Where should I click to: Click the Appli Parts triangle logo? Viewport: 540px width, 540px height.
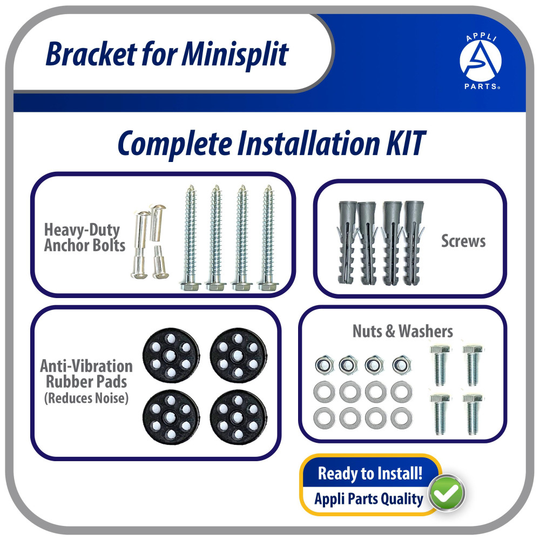pyautogui.click(x=481, y=62)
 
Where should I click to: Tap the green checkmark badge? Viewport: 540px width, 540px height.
pyautogui.click(x=447, y=493)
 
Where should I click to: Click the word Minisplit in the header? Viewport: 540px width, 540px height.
pyautogui.click(x=234, y=54)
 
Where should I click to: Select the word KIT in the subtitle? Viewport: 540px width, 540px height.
pyautogui.click(x=406, y=143)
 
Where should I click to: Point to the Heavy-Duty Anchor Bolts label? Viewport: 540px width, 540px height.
pyautogui.click(x=85, y=238)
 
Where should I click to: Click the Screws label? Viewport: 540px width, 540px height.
pyautogui.click(x=463, y=241)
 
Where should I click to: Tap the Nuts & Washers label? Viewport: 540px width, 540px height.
pyautogui.click(x=403, y=331)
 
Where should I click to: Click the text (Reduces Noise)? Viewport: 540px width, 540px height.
pyautogui.click(x=86, y=398)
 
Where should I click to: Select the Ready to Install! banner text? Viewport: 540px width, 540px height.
pyautogui.click(x=370, y=473)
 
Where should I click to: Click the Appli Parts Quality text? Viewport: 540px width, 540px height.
pyautogui.click(x=369, y=499)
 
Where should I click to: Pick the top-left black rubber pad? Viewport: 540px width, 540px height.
pyautogui.click(x=171, y=355)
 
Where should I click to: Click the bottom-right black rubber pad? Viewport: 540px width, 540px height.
pyautogui.click(x=238, y=417)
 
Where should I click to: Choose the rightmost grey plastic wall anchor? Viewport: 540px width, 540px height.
pyautogui.click(x=413, y=243)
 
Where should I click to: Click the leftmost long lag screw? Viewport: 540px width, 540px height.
pyautogui.click(x=191, y=238)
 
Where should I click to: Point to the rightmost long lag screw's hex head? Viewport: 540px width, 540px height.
pyautogui.click(x=268, y=286)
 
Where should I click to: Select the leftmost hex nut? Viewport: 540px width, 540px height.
pyautogui.click(x=325, y=365)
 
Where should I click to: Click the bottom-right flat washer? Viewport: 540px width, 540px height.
pyautogui.click(x=401, y=418)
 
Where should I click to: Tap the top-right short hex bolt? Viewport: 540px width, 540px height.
pyautogui.click(x=472, y=364)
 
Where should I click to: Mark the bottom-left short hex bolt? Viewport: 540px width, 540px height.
pyautogui.click(x=440, y=414)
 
